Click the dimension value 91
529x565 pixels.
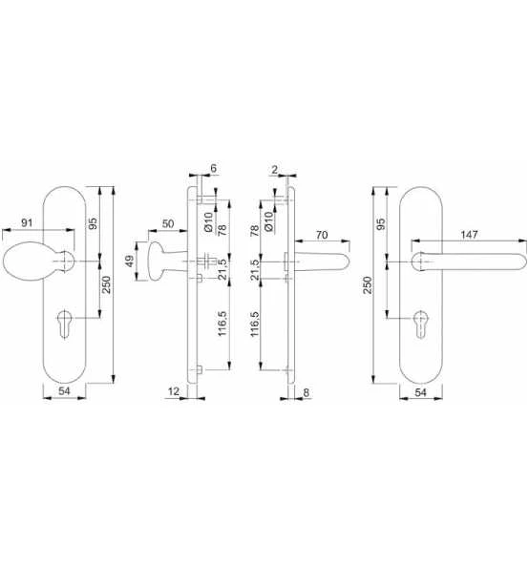coord(27,223)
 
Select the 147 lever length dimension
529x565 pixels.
coord(469,235)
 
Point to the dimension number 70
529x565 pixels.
coord(322,235)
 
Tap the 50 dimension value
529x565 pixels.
coord(168,223)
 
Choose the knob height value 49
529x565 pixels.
coord(129,261)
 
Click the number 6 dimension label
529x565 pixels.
coord(213,168)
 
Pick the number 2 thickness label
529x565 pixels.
coord(275,169)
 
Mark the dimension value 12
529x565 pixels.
coord(174,391)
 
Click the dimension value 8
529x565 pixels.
coord(306,392)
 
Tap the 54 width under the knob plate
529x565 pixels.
coord(64,391)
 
